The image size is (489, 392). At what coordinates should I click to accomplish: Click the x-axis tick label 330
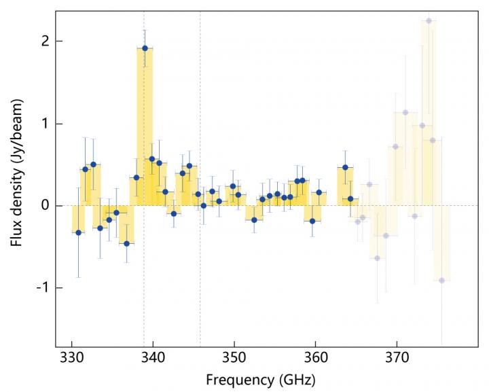(x=71, y=357)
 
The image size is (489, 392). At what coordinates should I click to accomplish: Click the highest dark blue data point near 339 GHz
(x=145, y=48)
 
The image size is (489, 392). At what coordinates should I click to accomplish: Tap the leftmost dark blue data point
(x=78, y=232)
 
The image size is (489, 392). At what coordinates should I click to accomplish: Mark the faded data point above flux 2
(x=429, y=21)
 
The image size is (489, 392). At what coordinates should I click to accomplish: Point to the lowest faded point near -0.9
(x=441, y=281)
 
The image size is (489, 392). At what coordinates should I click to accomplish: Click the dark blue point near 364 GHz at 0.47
(x=345, y=167)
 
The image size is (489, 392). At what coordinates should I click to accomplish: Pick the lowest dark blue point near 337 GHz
(x=126, y=243)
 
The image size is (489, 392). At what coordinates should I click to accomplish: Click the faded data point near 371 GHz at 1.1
(x=405, y=113)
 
